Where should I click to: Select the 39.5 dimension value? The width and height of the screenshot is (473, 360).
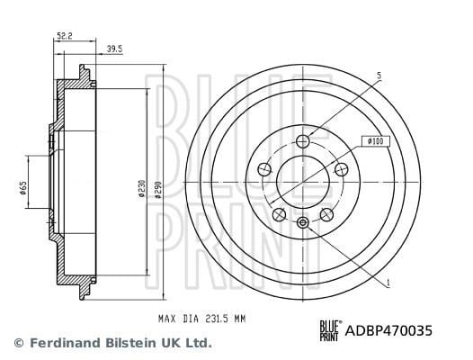[x=114, y=49]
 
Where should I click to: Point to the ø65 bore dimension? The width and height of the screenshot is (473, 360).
[x=23, y=188]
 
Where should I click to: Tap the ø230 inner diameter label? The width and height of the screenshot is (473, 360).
[x=142, y=189]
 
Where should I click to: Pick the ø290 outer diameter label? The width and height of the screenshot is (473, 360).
[x=158, y=190]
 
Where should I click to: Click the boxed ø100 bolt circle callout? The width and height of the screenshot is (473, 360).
[x=376, y=141]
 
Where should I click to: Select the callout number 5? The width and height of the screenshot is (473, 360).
[x=379, y=76]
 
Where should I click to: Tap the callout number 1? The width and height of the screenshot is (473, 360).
[x=388, y=283]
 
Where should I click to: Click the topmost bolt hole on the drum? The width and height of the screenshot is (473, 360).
[x=302, y=141]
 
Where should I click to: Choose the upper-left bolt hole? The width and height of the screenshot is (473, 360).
[x=264, y=169]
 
